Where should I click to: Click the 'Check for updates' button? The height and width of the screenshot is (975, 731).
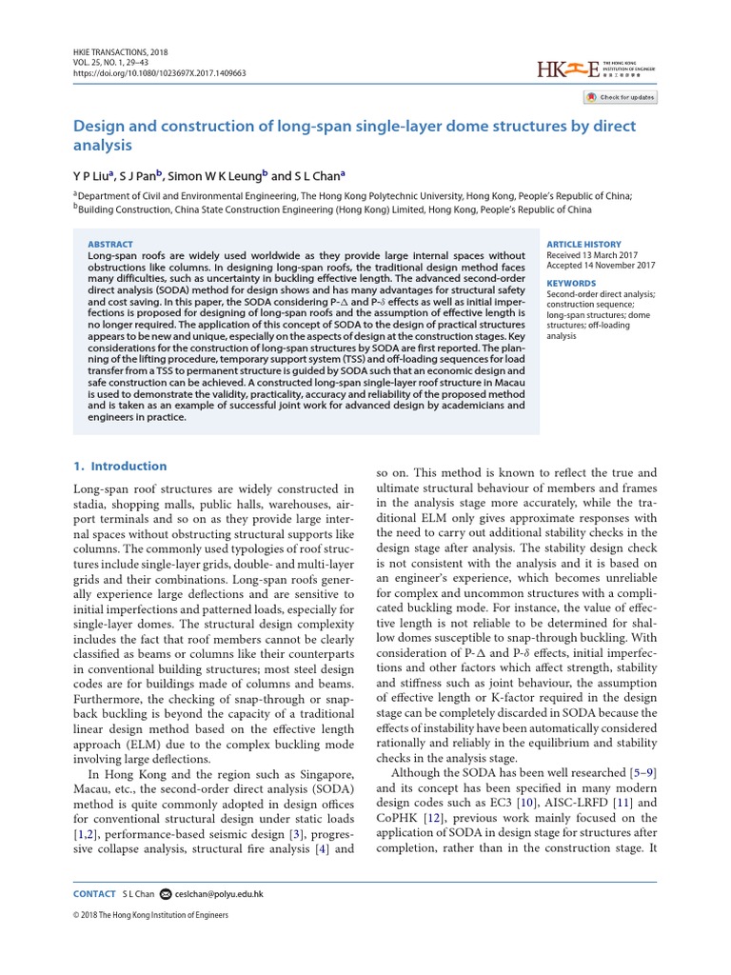click(x=620, y=97)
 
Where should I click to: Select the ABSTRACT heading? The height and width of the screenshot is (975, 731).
click(x=110, y=245)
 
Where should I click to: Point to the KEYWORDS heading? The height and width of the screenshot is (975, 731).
click(x=571, y=283)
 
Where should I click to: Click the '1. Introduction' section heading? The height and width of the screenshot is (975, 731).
click(x=120, y=467)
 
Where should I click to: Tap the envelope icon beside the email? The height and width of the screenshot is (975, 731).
click(x=166, y=894)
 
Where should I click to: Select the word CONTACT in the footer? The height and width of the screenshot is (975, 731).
click(x=94, y=894)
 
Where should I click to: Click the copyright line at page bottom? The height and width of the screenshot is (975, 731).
click(x=150, y=916)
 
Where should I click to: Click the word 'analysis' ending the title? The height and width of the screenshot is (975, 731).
click(x=102, y=146)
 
